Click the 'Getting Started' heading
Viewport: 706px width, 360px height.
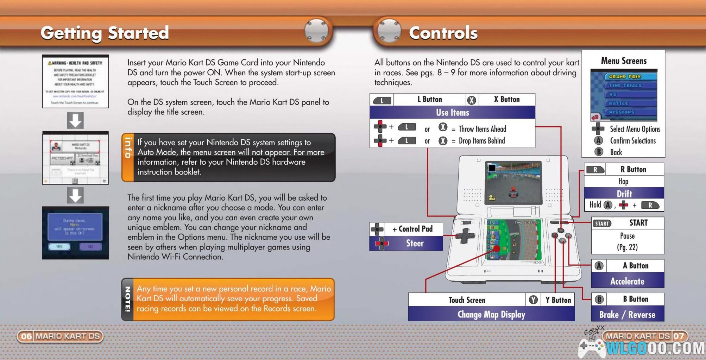point(105,33)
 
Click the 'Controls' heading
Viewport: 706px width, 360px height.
point(443,33)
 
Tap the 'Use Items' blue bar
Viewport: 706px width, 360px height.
point(452,113)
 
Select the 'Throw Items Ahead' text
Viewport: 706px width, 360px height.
point(482,129)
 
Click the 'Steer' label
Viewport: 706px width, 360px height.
point(415,243)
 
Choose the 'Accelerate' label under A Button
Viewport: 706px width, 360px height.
point(627,281)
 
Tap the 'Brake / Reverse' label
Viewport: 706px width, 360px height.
point(627,315)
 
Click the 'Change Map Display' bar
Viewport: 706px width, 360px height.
point(491,314)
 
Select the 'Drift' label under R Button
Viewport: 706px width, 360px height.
point(624,194)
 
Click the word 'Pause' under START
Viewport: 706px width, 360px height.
point(627,236)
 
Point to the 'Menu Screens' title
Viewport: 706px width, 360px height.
point(624,61)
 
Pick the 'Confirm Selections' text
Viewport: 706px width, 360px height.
point(633,141)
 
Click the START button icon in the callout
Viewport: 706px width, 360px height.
point(602,223)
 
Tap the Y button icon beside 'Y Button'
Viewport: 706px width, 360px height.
point(533,300)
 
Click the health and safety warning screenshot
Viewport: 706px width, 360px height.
point(75,81)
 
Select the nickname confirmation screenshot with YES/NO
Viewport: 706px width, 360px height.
point(75,233)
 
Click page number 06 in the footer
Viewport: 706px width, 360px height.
point(26,336)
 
